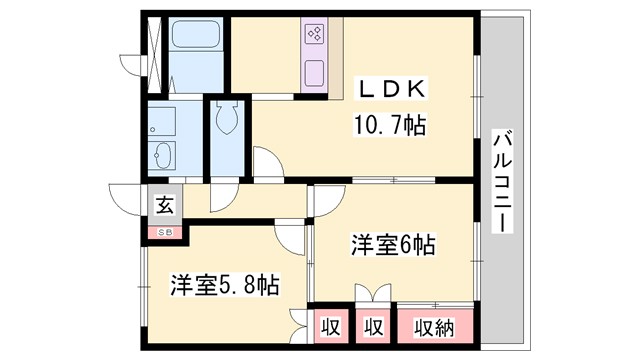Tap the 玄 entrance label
[x=163, y=207]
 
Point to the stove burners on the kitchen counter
[x=314, y=37]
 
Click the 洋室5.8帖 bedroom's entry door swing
[x=290, y=236]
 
